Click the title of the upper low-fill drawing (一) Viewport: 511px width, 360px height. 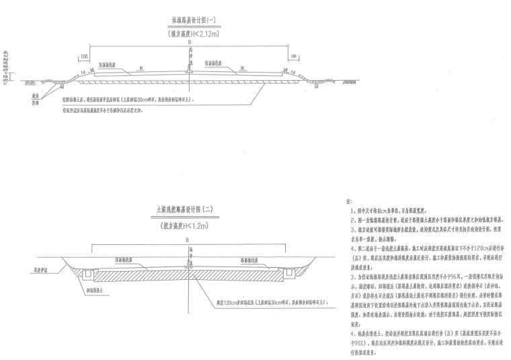(x=190, y=22)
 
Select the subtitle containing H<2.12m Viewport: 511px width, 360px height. (x=190, y=32)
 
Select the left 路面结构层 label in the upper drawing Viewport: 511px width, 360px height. (x=109, y=65)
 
